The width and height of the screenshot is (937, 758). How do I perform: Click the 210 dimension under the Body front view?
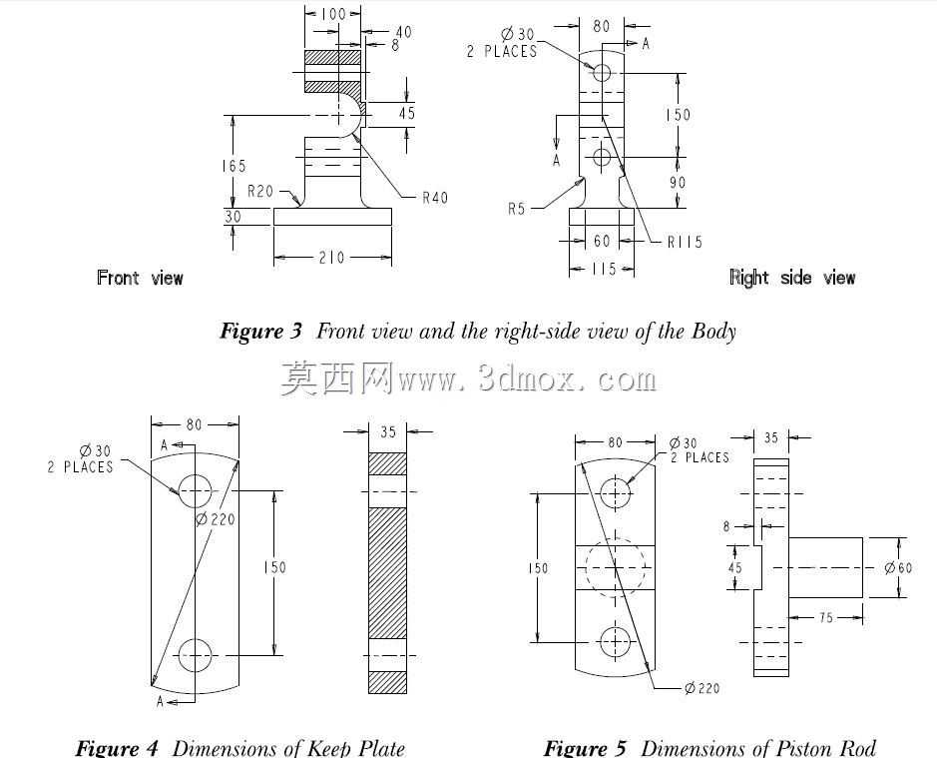coord(331,258)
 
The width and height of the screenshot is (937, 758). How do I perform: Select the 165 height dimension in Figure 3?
coord(234,166)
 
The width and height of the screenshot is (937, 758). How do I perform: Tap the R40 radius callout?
coord(434,198)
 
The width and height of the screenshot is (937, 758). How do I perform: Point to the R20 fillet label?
coord(260,191)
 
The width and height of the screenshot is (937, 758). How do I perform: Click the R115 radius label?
coord(685,242)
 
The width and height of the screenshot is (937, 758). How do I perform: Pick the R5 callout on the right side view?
coord(516,209)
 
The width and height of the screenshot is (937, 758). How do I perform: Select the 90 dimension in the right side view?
coord(677,182)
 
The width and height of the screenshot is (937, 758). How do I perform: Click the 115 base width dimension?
coord(604,269)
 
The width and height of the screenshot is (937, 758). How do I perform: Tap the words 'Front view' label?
coord(140,278)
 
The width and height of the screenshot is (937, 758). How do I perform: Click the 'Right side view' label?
coord(792,278)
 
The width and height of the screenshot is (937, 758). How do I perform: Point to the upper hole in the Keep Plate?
coord(195,491)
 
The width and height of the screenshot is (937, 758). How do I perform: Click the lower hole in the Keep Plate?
coord(195,655)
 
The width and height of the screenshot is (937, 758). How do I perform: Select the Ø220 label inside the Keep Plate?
coord(216,519)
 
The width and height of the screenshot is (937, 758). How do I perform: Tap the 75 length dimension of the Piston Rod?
coord(826,617)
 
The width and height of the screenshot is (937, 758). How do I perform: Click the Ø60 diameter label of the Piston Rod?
coord(898,567)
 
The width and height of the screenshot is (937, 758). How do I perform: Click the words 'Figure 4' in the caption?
coord(117,748)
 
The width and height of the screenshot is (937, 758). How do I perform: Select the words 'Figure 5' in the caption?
coord(585,748)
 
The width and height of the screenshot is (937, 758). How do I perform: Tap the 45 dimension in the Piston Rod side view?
coord(735,567)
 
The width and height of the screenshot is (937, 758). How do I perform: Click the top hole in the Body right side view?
coord(602,73)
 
